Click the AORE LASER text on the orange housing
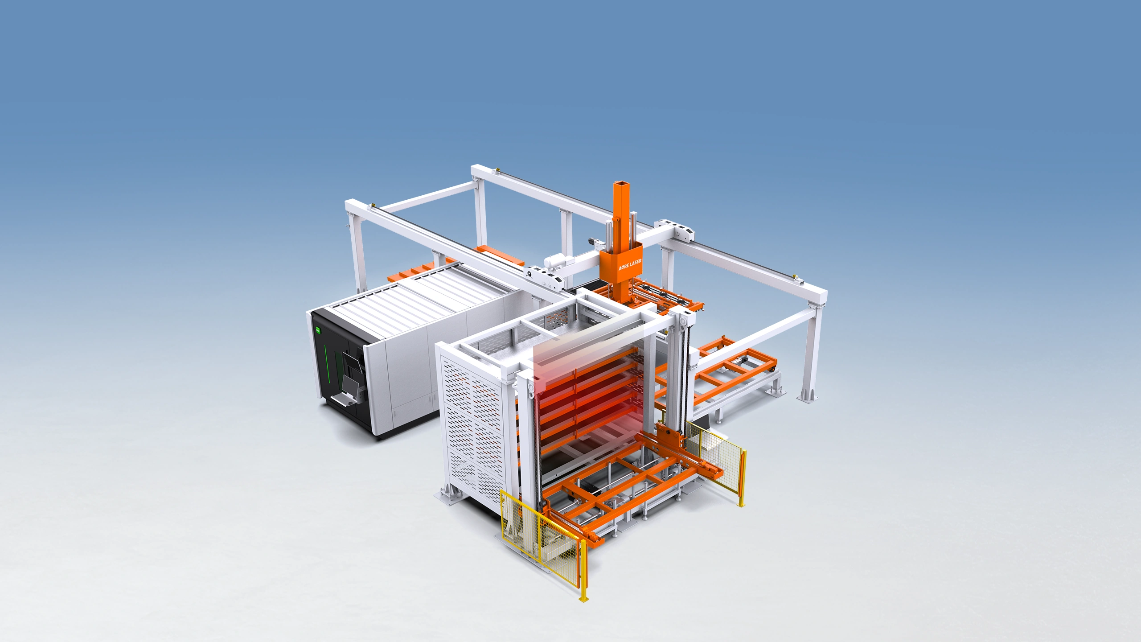tap(630, 264)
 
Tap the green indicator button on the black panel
tap(318, 330)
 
